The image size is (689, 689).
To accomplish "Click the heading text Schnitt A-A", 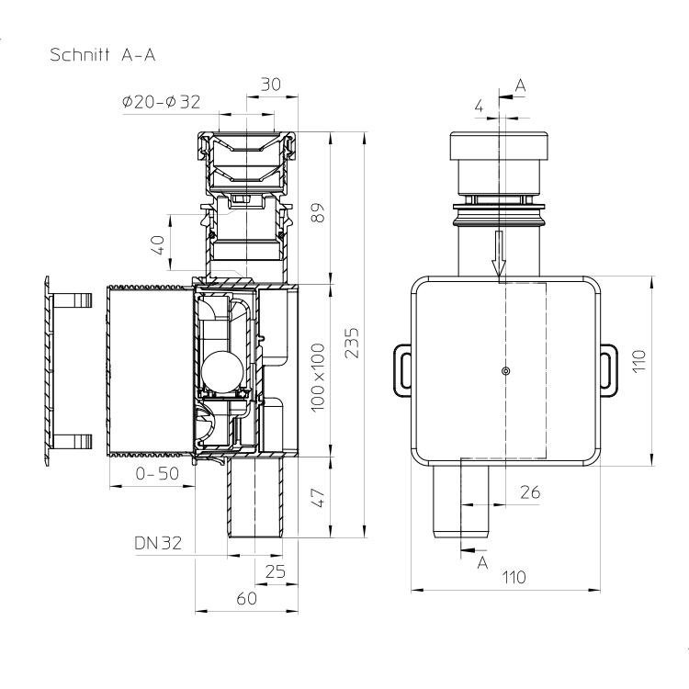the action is coord(102,55).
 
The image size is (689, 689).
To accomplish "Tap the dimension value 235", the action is coord(352,344).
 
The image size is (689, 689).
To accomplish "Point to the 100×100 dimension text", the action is coord(318,378).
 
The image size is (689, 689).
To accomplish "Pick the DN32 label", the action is coord(158,543).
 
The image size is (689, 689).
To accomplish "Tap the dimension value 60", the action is coord(246,598).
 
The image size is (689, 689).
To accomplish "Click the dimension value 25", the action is coord(276,571).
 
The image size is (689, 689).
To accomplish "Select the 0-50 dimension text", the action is coord(157,473).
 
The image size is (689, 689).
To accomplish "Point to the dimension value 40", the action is coord(158,245).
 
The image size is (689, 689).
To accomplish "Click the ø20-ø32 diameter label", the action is coord(162,102).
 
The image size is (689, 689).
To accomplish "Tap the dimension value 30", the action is coord(271,85).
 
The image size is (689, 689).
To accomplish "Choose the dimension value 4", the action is coord(480,106).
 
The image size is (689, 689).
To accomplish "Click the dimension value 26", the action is coord(530,492).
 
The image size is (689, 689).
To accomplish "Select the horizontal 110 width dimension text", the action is coord(514,577).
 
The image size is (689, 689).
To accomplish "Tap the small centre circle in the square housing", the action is coord(506,371).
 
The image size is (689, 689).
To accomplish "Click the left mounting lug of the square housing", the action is coord(402,369).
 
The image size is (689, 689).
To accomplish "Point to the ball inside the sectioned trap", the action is coord(222,372).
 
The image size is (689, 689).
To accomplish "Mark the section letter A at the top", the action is coord(520,85).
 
